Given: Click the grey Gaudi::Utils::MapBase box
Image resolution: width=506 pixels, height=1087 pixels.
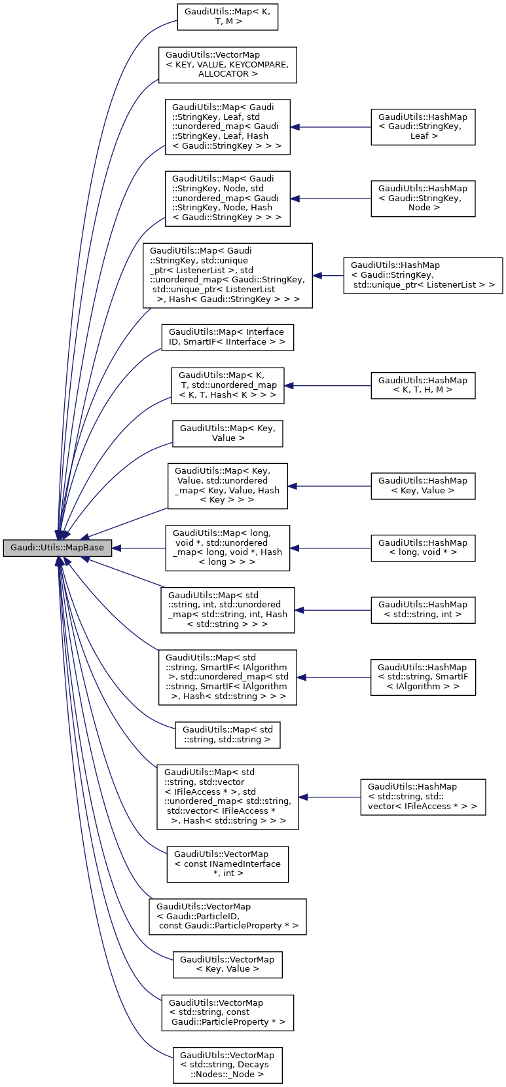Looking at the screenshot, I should click(58, 548).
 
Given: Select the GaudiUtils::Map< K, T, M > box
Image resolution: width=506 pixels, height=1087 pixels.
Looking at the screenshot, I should click(228, 17).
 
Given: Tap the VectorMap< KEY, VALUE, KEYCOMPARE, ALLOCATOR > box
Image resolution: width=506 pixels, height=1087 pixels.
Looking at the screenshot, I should click(228, 65).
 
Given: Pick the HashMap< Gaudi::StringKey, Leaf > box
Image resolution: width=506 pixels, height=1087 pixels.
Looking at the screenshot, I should click(423, 127).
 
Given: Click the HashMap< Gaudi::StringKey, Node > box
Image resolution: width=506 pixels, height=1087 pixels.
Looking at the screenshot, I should click(423, 199).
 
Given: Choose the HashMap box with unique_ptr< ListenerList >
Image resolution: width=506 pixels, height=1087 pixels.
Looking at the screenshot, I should click(423, 275).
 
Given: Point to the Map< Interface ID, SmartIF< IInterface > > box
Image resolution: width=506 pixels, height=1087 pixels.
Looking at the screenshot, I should click(228, 337).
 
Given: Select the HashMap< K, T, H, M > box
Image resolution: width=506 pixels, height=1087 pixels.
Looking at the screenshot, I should click(423, 385).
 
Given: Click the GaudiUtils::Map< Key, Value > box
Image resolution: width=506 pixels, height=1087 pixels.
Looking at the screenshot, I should click(228, 434).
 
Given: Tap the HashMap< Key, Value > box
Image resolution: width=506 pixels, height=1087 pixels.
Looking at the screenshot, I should click(423, 486).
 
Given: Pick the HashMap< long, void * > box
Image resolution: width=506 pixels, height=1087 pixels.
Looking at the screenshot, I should click(423, 548).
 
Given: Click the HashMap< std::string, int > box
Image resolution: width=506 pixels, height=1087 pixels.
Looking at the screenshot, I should click(423, 610).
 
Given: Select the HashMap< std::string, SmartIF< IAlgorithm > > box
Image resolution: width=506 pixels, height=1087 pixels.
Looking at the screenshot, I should click(423, 677).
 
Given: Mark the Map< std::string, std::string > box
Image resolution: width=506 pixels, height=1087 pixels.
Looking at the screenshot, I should click(228, 735).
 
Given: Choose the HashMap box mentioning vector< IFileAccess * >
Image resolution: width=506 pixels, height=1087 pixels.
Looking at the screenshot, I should click(423, 797).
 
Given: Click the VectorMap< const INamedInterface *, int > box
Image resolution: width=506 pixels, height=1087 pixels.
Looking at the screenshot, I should click(228, 864).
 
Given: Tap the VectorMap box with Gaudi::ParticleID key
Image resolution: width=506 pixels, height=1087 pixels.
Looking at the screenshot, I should click(228, 917).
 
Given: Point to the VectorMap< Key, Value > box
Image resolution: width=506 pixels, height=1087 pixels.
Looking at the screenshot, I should click(228, 964).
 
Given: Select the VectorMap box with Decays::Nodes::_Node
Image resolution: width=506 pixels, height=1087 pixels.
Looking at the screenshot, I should click(228, 1065).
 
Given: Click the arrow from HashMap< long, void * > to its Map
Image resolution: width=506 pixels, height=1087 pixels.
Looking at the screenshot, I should click(331, 548).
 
